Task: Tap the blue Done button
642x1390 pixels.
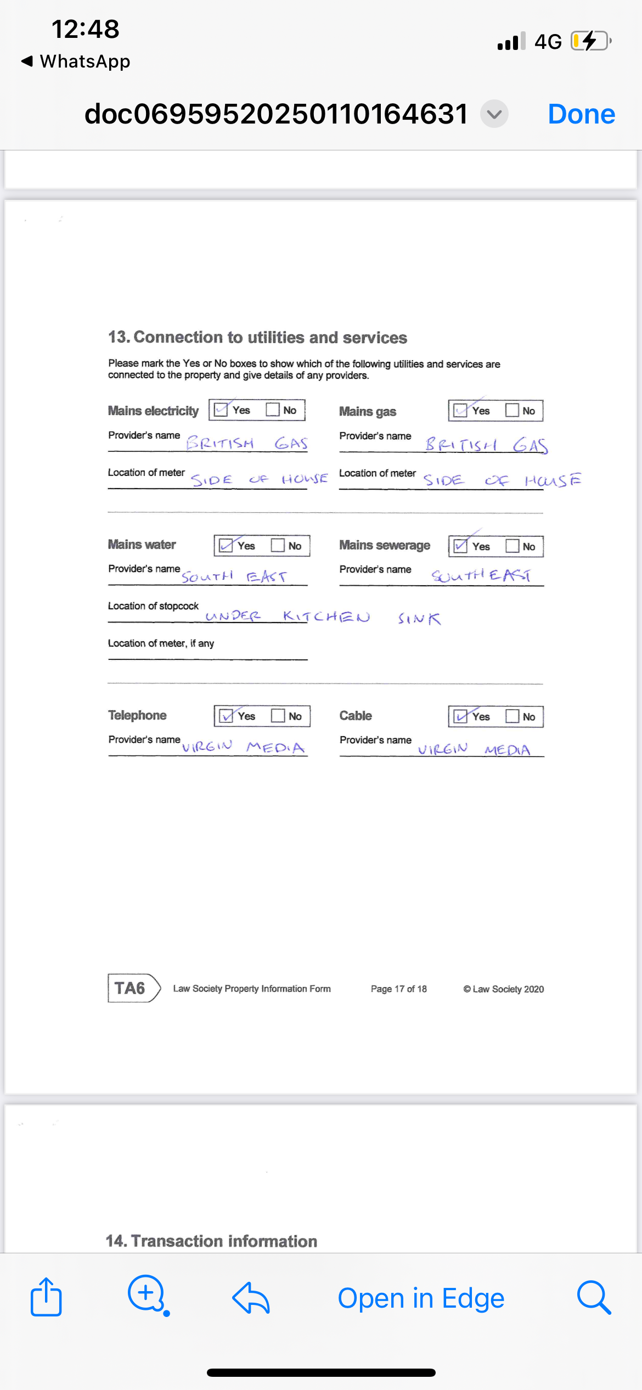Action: point(581,114)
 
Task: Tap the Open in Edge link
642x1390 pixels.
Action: point(421,1298)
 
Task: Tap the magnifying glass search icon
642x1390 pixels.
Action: point(594,1298)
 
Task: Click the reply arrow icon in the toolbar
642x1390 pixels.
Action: point(251,1298)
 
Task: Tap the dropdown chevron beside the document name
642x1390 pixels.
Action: point(494,114)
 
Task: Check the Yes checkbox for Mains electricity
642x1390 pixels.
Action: point(221,410)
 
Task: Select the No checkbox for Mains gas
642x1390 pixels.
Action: point(512,411)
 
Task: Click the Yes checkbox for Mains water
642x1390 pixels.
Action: point(226,546)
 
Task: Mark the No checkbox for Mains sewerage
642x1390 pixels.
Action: point(512,546)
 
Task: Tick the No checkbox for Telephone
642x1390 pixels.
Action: point(278,716)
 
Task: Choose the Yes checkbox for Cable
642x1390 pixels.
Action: point(460,716)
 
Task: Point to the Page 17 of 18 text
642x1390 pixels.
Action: point(398,989)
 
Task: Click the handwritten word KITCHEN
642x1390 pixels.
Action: point(326,616)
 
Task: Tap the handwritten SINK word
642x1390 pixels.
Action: point(419,619)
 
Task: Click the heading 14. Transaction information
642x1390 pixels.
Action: point(211,1241)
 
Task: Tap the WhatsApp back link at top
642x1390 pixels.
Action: point(76,61)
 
